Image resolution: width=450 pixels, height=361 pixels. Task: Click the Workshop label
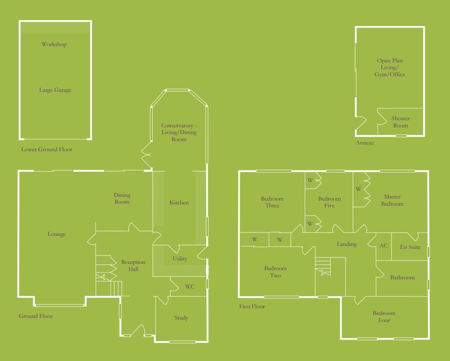54,44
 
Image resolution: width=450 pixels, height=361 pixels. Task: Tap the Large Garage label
55,90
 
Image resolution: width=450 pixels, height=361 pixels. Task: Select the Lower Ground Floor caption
46,150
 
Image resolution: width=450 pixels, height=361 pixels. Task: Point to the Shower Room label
400,122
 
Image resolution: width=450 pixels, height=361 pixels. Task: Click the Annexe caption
365,143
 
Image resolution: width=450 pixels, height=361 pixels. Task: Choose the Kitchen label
179,203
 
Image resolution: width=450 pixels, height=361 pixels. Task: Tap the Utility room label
180,259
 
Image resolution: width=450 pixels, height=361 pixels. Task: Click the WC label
190,287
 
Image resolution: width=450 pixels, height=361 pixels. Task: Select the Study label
181,318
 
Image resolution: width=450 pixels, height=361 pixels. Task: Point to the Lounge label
57,234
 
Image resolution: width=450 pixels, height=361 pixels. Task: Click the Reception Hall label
133,266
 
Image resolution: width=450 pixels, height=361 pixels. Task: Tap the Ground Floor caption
36,316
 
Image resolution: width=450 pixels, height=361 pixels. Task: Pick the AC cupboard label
383,246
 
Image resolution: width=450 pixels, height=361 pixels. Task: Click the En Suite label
410,247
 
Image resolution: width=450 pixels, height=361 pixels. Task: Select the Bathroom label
402,277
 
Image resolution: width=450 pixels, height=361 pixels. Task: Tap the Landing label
347,244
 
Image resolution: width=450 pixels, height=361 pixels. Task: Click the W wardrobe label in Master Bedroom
358,189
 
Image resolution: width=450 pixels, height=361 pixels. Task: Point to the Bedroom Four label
384,317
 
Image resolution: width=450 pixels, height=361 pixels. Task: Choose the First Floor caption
252,307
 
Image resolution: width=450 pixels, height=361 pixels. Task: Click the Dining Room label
122,198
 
